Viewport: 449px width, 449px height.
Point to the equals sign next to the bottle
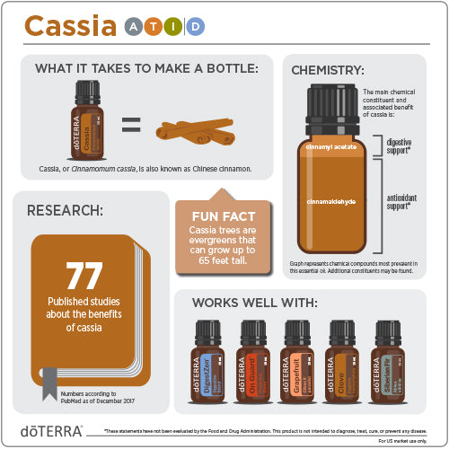[131, 126]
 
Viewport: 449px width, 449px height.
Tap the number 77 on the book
[84, 277]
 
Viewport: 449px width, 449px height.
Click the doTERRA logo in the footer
[53, 431]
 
